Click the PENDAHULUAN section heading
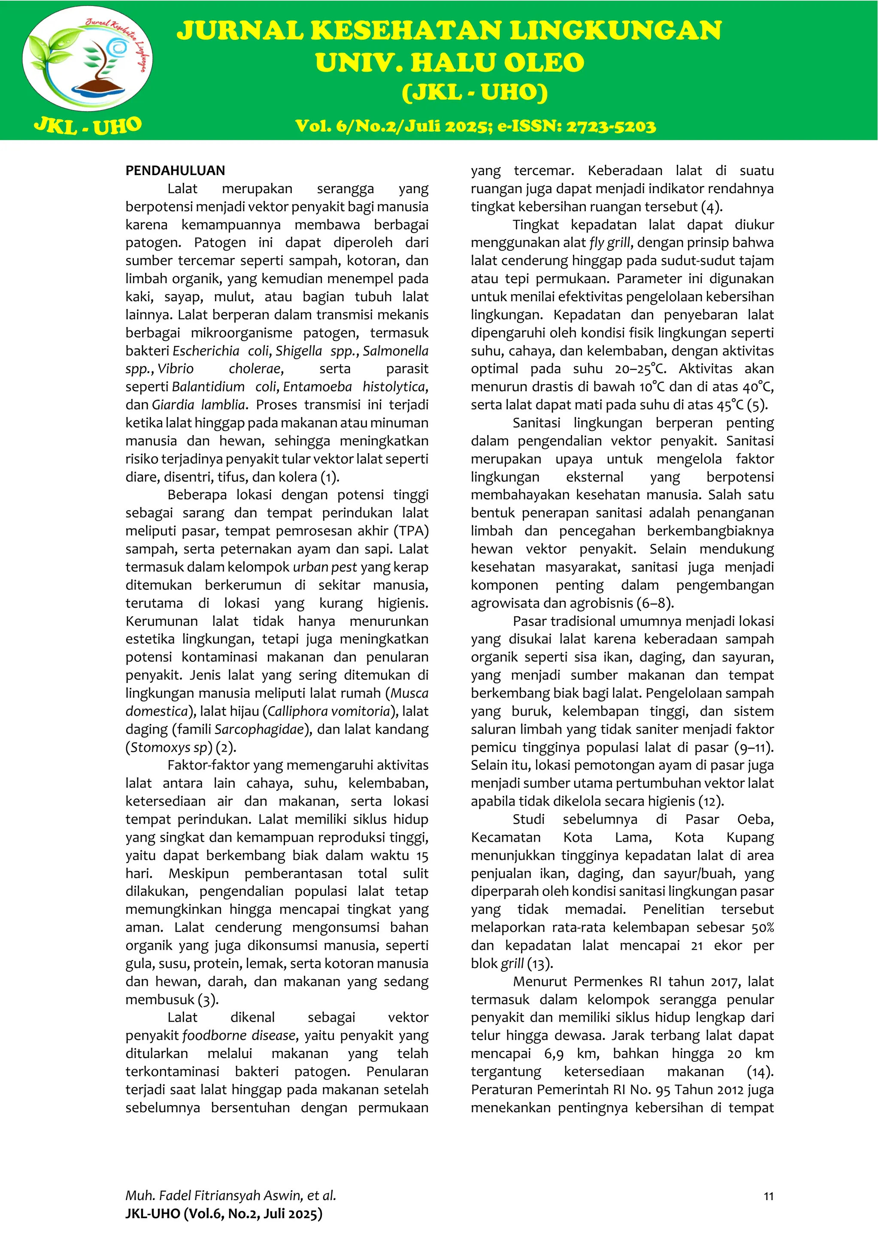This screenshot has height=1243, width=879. [x=175, y=170]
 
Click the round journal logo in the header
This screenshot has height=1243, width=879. [x=88, y=58]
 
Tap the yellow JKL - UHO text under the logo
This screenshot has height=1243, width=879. [x=88, y=126]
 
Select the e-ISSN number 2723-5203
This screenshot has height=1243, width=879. [x=611, y=126]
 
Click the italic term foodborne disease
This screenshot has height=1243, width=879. [x=239, y=1035]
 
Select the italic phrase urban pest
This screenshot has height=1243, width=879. [x=325, y=567]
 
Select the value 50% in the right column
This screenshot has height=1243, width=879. [x=762, y=928]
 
